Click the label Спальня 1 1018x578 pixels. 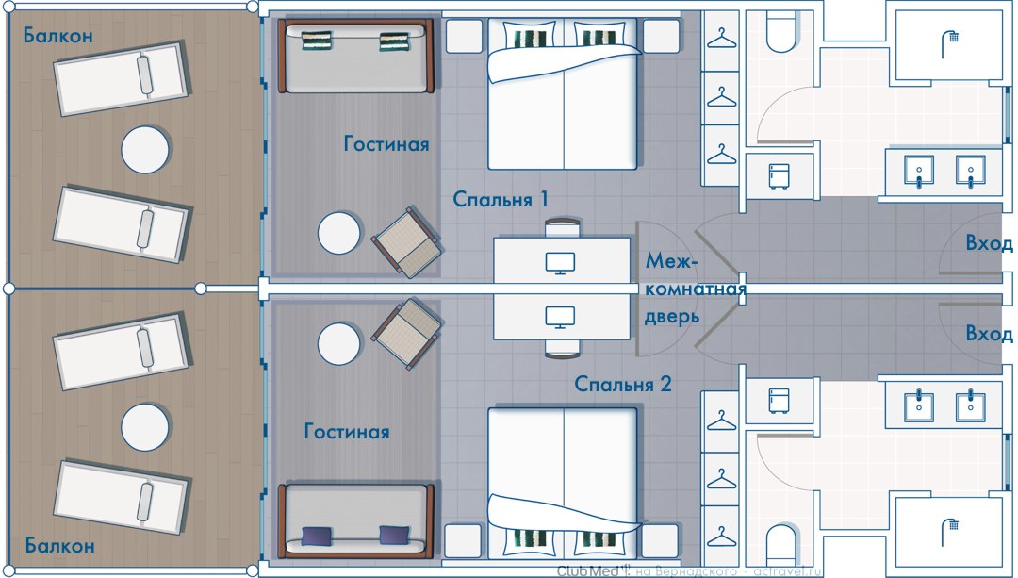[501, 199]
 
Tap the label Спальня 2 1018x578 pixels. [623, 384]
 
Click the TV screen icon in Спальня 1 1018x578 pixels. [560, 263]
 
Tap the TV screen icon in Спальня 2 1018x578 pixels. [560, 317]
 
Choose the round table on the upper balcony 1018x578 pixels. [145, 149]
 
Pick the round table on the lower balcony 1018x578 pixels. [145, 427]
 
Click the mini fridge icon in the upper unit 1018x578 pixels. [780, 176]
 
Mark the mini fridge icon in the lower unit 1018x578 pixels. [780, 401]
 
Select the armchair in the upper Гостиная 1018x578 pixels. [407, 242]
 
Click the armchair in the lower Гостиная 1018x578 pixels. [407, 334]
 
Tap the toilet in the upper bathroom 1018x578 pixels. [784, 32]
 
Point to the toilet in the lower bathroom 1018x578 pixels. [784, 546]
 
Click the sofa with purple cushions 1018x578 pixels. [355, 520]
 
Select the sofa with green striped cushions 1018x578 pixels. [355, 57]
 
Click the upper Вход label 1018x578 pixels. [989, 243]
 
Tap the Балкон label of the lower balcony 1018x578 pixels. [59, 546]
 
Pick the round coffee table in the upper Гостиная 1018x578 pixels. [339, 233]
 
